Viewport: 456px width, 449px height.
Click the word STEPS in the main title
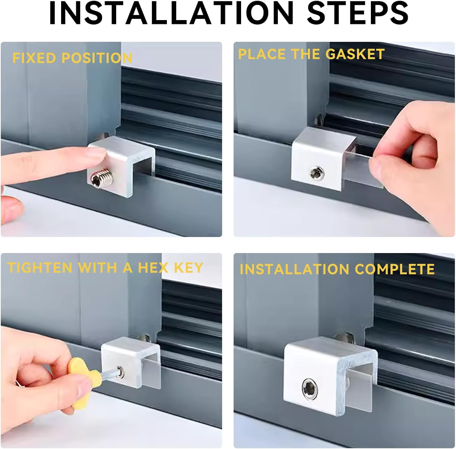point(358,13)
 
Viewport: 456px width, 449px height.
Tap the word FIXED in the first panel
point(34,58)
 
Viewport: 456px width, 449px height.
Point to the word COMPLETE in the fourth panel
point(394,269)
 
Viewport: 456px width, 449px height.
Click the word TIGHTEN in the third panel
point(40,268)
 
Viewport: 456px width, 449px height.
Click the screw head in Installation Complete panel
point(310,388)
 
